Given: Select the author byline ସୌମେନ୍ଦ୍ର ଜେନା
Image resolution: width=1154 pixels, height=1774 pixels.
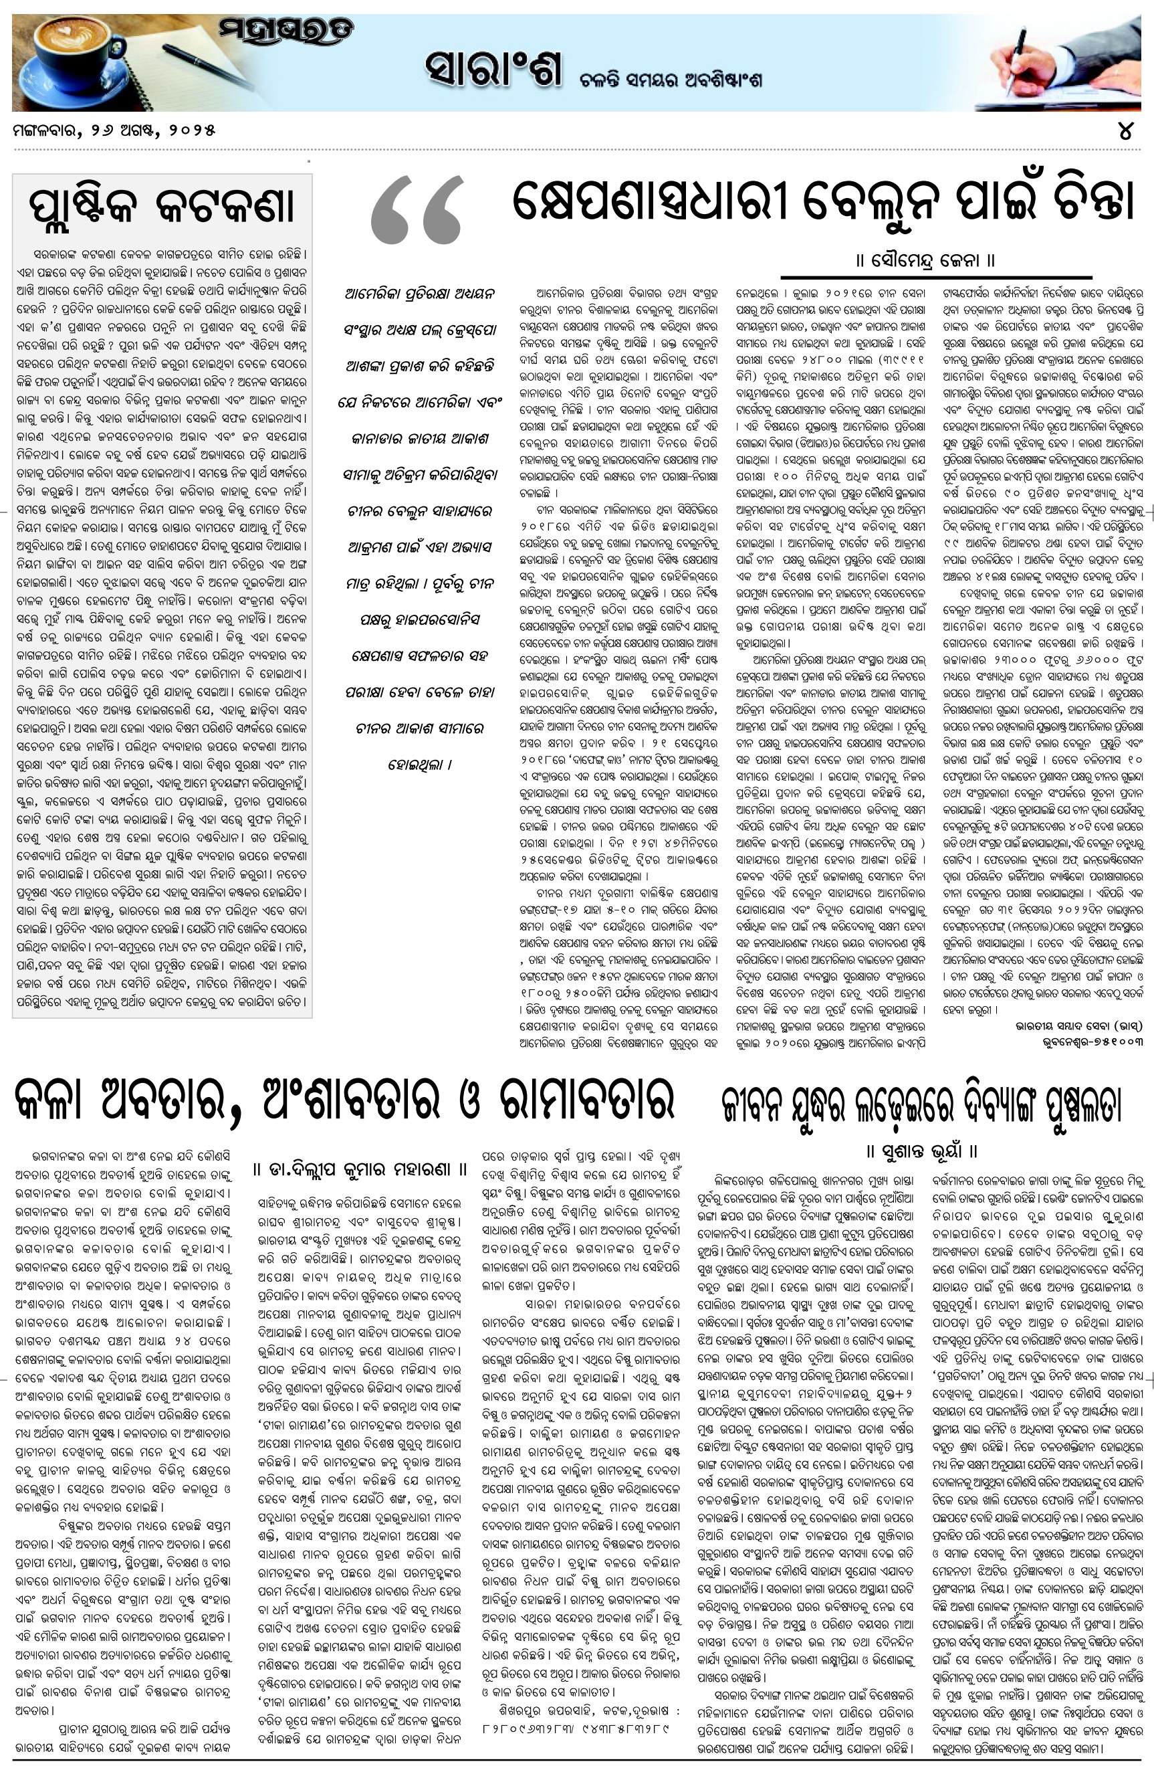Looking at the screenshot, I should tap(925, 262).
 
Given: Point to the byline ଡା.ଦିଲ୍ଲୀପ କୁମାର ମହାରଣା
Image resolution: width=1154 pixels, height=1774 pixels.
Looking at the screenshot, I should tap(360, 1168).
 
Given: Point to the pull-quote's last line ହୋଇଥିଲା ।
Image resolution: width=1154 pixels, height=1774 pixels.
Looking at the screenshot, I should tap(419, 764).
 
